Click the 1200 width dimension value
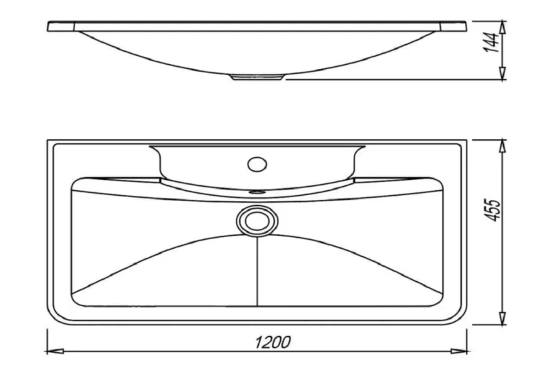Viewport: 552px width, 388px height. point(273,343)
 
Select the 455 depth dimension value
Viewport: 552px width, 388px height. point(493,210)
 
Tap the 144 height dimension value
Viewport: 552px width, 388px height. point(491,43)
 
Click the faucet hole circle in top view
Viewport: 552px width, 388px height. point(257,164)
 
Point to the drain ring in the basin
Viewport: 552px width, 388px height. point(257,221)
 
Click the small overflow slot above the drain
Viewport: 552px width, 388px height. point(257,192)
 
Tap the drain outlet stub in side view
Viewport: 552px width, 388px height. point(257,77)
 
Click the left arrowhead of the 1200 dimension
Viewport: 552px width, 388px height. point(55,351)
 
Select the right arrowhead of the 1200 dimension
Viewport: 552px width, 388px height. point(459,351)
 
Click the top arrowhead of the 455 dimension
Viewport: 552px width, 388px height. point(503,147)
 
